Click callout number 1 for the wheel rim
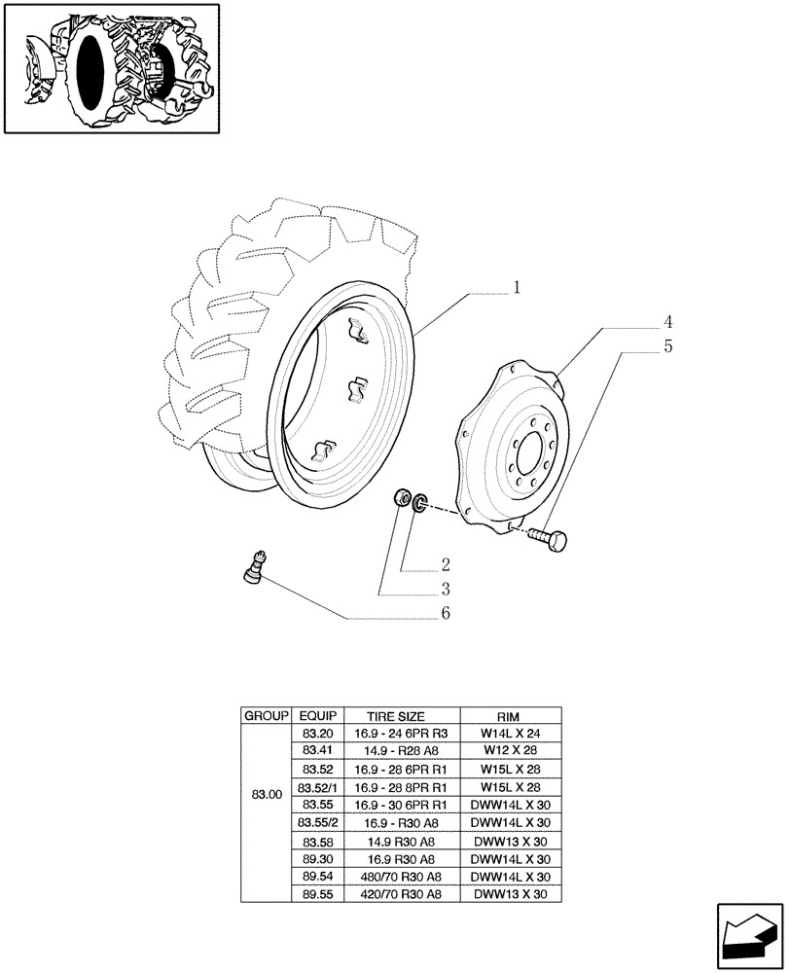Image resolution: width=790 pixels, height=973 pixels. [517, 288]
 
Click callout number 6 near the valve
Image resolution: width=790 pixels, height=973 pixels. [445, 615]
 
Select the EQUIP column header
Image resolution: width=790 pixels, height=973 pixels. [317, 715]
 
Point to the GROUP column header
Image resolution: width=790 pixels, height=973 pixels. [266, 715]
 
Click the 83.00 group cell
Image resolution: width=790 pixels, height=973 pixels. [266, 795]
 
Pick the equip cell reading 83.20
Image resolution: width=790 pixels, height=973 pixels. [317, 732]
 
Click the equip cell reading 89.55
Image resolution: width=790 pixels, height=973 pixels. [317, 894]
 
